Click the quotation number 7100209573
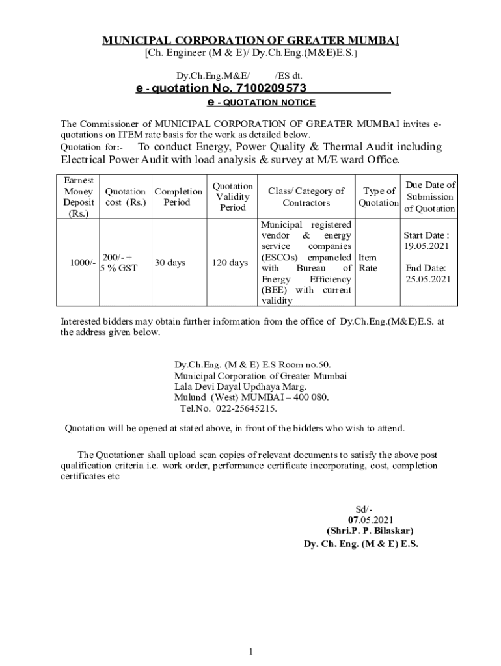click(x=263, y=88)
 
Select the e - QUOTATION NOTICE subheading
click(x=260, y=103)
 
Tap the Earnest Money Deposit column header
click(x=78, y=196)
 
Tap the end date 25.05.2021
click(x=428, y=279)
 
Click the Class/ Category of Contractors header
click(x=306, y=196)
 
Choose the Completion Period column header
click(x=178, y=196)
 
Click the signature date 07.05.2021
click(x=370, y=520)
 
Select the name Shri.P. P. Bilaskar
click(x=370, y=531)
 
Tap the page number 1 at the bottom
click(x=251, y=652)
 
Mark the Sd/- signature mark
click(x=364, y=509)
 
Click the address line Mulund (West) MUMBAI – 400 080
click(x=251, y=397)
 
